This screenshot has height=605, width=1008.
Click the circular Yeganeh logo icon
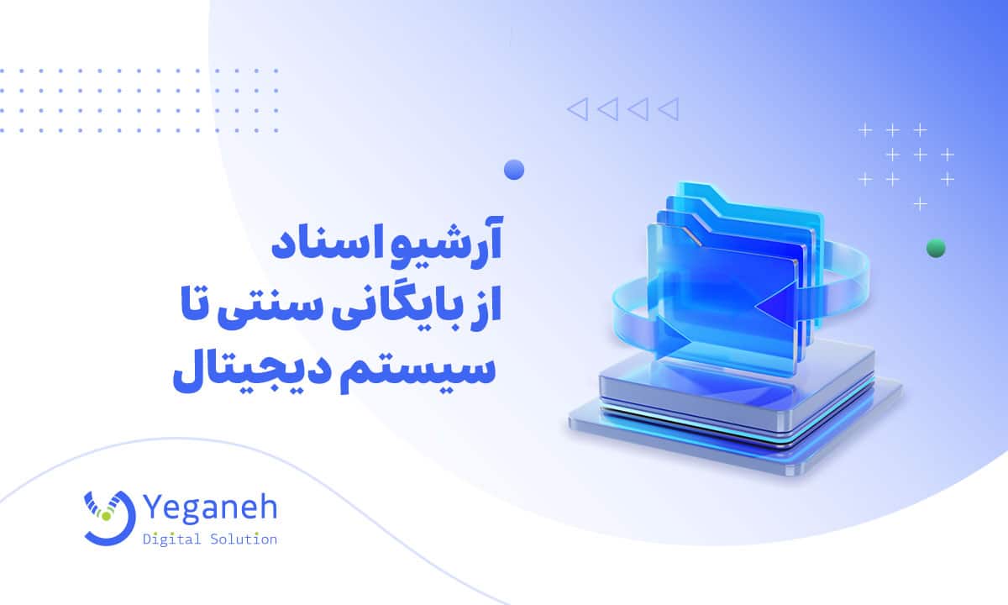(108, 514)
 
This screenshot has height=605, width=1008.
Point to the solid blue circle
(514, 170)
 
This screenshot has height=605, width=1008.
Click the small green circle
(935, 248)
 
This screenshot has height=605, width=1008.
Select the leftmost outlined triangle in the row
(577, 108)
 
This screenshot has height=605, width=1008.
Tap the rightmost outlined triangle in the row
(668, 108)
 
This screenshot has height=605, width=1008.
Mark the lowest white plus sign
(921, 203)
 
